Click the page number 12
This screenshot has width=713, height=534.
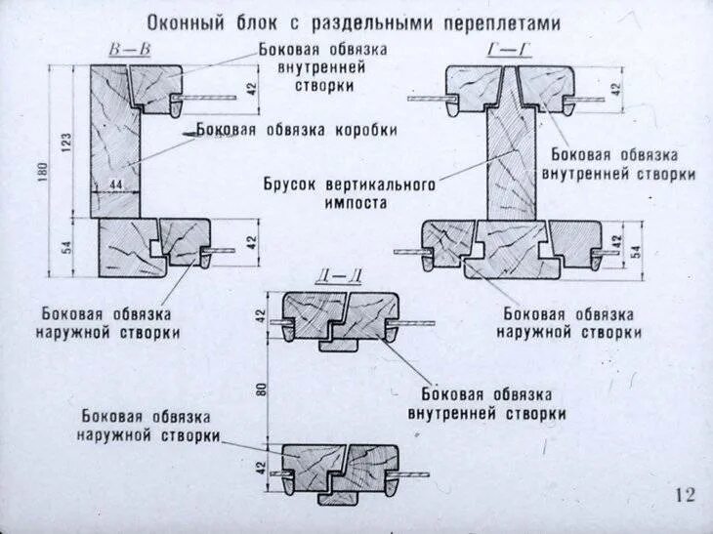click(x=684, y=495)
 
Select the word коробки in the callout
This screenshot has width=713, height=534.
click(x=365, y=130)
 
